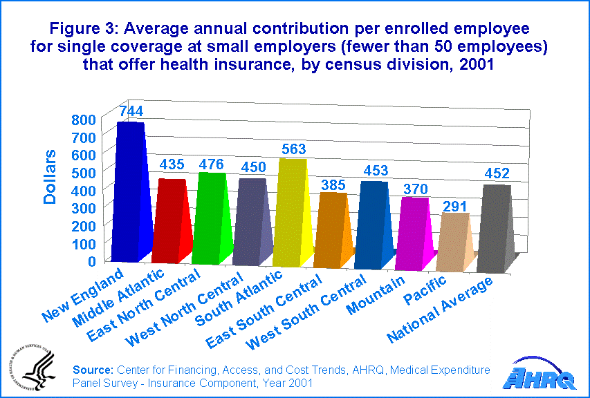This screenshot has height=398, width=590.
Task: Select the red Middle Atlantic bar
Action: (171, 222)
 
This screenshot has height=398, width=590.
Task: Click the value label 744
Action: (131, 111)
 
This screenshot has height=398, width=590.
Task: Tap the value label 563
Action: (293, 149)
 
